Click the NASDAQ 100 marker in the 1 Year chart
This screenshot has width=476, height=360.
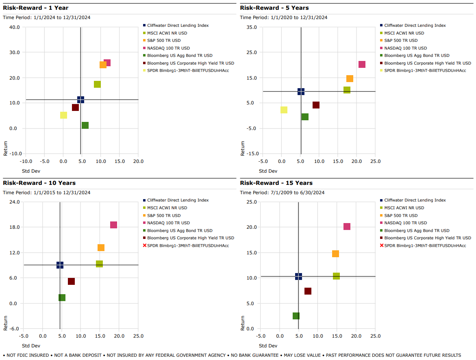107,63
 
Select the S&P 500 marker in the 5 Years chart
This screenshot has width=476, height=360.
350,78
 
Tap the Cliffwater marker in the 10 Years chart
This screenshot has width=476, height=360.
60,265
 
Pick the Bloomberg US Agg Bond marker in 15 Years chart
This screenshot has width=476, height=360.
296,316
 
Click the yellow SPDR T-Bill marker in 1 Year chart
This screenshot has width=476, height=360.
63,115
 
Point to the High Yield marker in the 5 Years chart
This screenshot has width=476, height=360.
316,105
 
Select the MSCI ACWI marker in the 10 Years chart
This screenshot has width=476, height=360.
99,264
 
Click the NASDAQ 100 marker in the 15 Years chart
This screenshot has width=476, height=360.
347,226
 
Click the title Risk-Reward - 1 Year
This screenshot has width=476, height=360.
36,8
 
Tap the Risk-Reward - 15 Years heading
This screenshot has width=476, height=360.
276,183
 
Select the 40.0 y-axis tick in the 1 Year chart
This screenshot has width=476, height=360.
15,27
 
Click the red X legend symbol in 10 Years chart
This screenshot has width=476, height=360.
144,245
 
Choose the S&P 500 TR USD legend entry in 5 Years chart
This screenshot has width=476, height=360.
401,41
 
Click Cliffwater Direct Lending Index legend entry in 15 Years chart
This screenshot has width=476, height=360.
415,200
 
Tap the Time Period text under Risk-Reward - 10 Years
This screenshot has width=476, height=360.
47,193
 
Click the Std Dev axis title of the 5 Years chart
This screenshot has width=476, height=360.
268,171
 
